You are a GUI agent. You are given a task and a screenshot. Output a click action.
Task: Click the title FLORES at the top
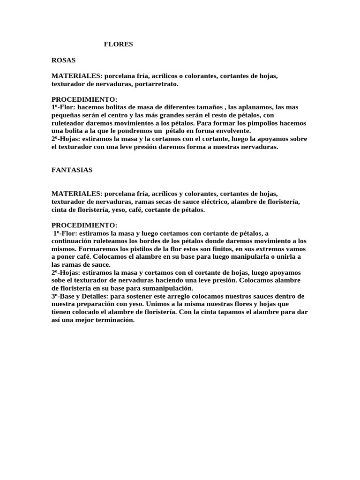[118, 44]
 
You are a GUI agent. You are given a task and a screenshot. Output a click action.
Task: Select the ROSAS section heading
[63, 60]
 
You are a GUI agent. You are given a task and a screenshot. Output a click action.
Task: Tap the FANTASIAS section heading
[72, 170]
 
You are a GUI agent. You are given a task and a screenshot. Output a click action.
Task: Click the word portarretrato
[157, 84]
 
